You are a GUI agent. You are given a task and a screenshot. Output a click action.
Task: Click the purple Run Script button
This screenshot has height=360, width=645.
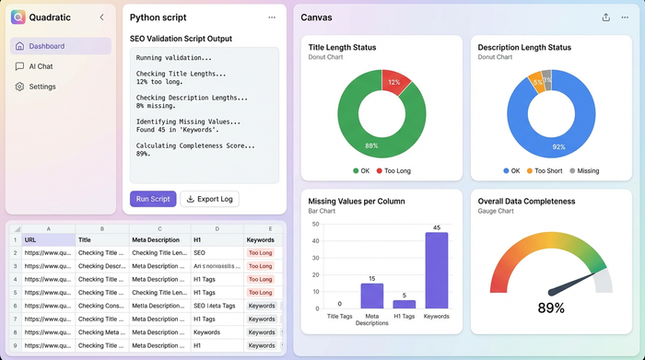point(153,199)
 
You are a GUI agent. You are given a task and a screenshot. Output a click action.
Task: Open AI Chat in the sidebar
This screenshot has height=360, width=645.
point(41,66)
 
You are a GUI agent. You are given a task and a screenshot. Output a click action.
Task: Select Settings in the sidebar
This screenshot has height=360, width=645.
point(41,87)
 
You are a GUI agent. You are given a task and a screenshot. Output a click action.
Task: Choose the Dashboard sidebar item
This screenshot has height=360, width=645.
point(46,46)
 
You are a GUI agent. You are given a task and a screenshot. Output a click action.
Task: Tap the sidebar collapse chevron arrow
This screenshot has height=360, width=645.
point(101,17)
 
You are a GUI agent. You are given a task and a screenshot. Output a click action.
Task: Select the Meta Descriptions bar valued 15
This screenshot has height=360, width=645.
point(372,296)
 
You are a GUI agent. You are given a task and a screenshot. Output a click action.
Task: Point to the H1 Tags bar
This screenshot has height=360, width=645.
point(405,304)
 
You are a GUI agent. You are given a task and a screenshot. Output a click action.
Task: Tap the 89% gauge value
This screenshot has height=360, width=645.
point(551,308)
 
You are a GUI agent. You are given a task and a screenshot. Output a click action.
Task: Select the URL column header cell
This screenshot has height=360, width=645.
point(49,239)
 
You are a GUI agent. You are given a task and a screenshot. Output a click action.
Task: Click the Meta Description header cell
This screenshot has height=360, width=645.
point(158,239)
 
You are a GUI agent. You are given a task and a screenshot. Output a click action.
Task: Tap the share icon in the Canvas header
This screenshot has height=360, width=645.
point(605,17)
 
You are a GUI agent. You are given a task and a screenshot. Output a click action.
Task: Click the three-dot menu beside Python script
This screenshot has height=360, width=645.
point(272,17)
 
